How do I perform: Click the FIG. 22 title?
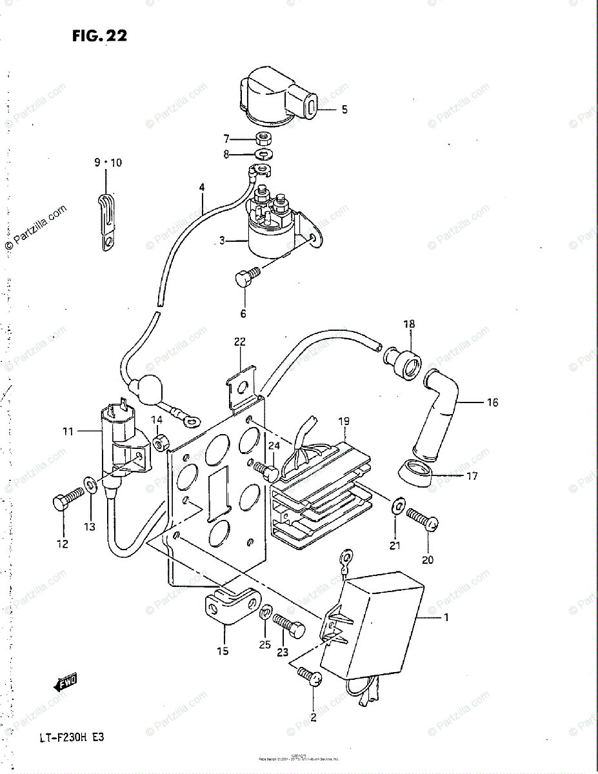coord(99,36)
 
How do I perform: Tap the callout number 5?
coord(344,110)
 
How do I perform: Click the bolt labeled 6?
coord(246,279)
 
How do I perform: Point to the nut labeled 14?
coord(160,442)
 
